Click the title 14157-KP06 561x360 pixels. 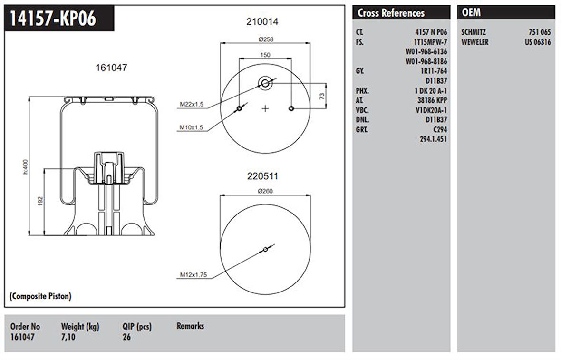point(53,19)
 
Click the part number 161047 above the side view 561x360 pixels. point(111,68)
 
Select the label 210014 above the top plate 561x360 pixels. point(262,21)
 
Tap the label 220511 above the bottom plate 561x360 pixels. point(262,176)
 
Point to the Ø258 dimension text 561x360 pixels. point(265,39)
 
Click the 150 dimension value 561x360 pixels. point(265,55)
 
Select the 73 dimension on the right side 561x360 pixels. point(322,96)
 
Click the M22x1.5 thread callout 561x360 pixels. point(192,104)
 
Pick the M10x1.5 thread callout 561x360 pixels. point(192,127)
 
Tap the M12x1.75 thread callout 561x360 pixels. point(193,274)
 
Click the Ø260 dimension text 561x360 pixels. point(265,191)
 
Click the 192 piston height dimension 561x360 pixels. point(40,201)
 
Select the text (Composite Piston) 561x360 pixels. point(40,296)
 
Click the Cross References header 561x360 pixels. point(391,13)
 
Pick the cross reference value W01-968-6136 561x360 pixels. point(426,51)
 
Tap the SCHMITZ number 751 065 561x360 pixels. point(540,32)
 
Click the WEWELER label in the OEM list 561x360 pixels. point(475,42)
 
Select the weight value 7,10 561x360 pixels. point(68,337)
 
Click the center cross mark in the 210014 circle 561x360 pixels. point(265,109)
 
